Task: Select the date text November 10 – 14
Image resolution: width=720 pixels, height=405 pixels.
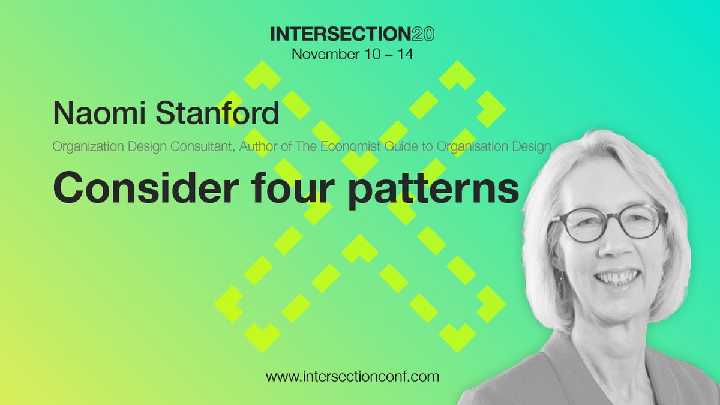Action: click(x=352, y=54)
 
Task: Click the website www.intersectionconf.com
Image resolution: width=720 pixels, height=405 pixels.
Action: click(x=353, y=377)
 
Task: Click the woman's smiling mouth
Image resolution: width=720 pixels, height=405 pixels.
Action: click(x=617, y=277)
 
